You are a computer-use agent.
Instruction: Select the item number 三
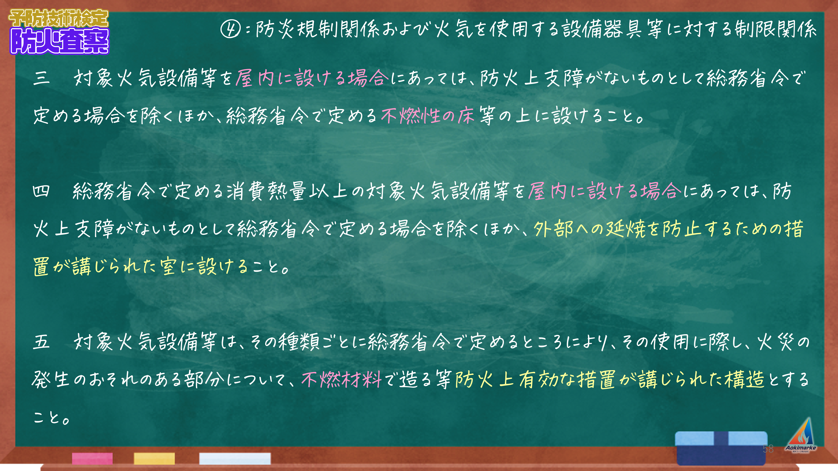[x=41, y=78]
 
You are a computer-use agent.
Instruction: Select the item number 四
[x=41, y=191]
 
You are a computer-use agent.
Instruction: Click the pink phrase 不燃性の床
[x=428, y=116]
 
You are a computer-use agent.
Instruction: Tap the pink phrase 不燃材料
[x=341, y=379]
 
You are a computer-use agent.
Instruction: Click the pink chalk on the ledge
[x=92, y=458]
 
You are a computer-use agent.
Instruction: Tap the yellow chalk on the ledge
[x=154, y=458]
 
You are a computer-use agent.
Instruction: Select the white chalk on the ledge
[x=235, y=458]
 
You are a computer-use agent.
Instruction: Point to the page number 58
[x=768, y=449]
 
